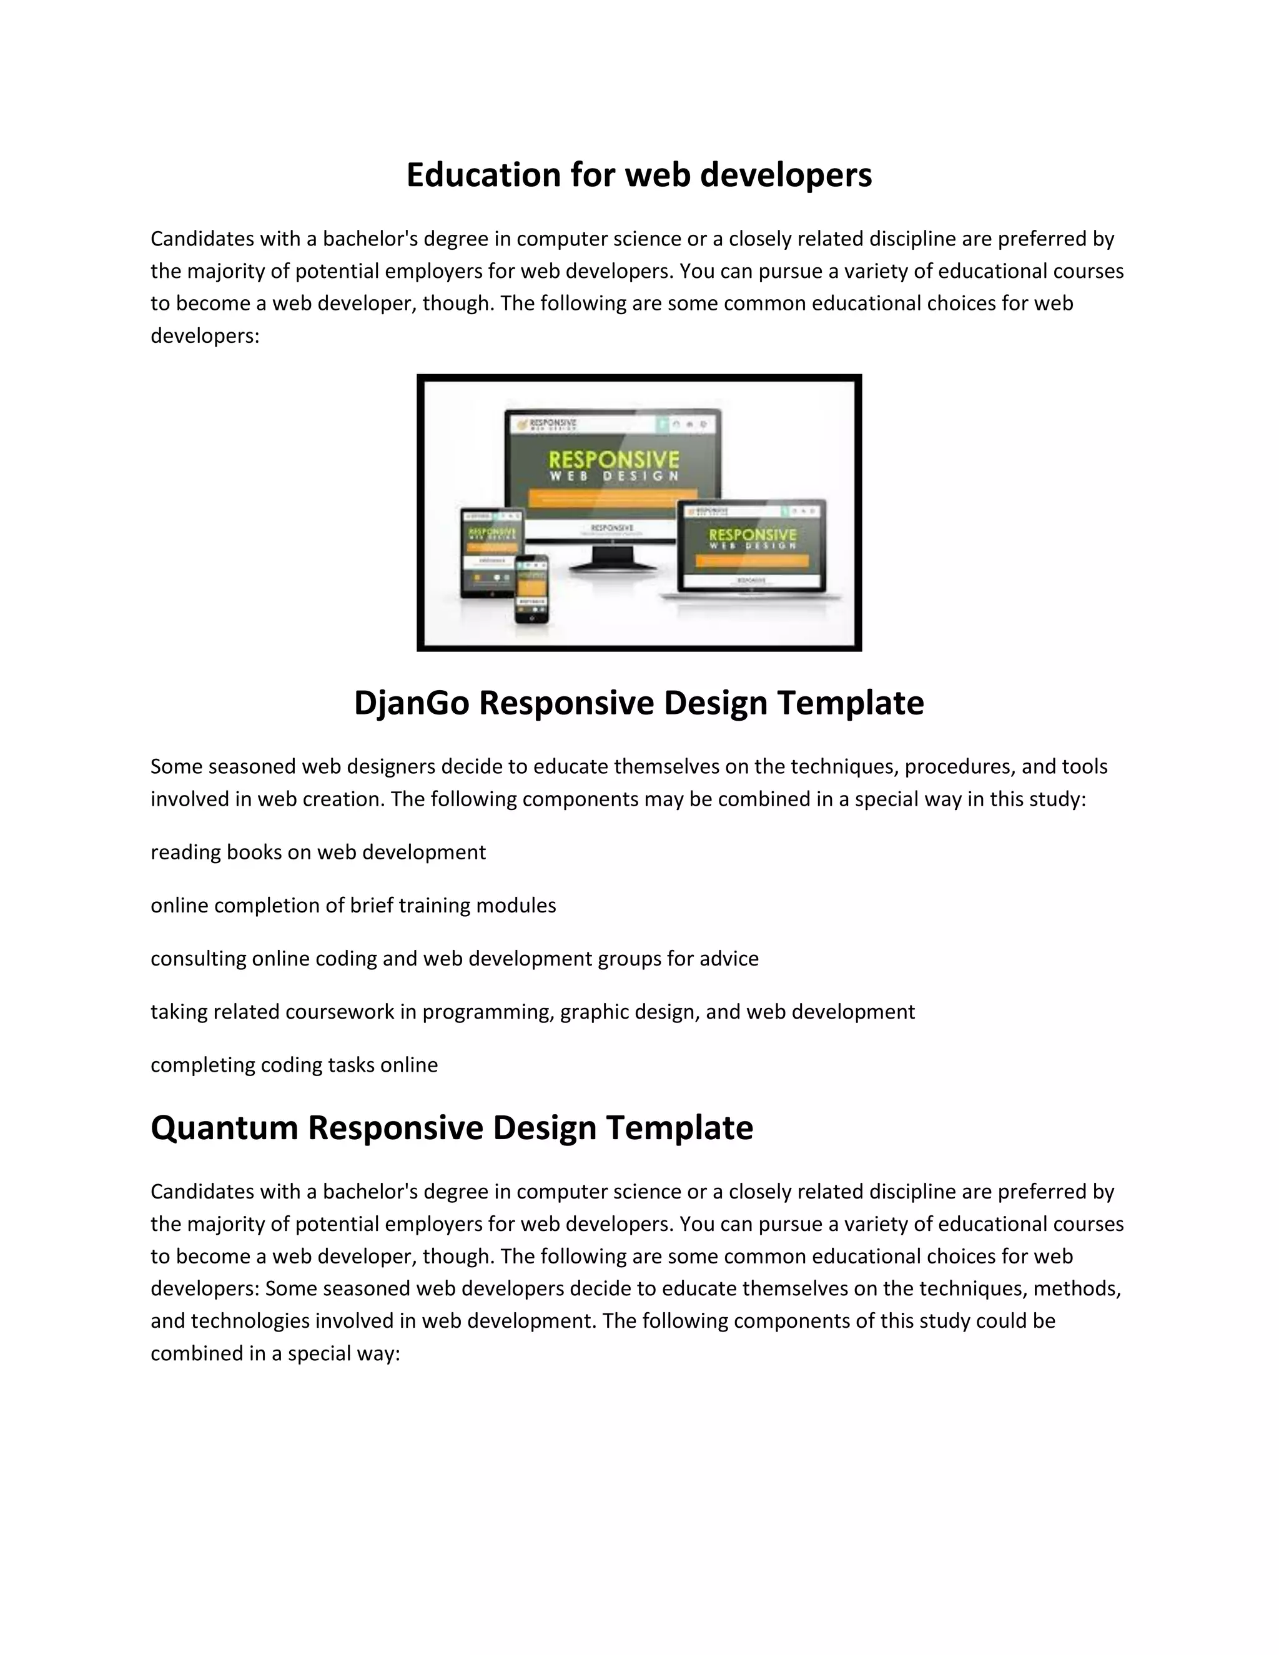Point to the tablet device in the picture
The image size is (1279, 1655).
(x=493, y=551)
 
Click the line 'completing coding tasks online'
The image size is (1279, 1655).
(x=294, y=1065)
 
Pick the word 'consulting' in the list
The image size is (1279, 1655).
(x=199, y=959)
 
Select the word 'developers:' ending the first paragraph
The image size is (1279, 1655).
(x=205, y=336)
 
